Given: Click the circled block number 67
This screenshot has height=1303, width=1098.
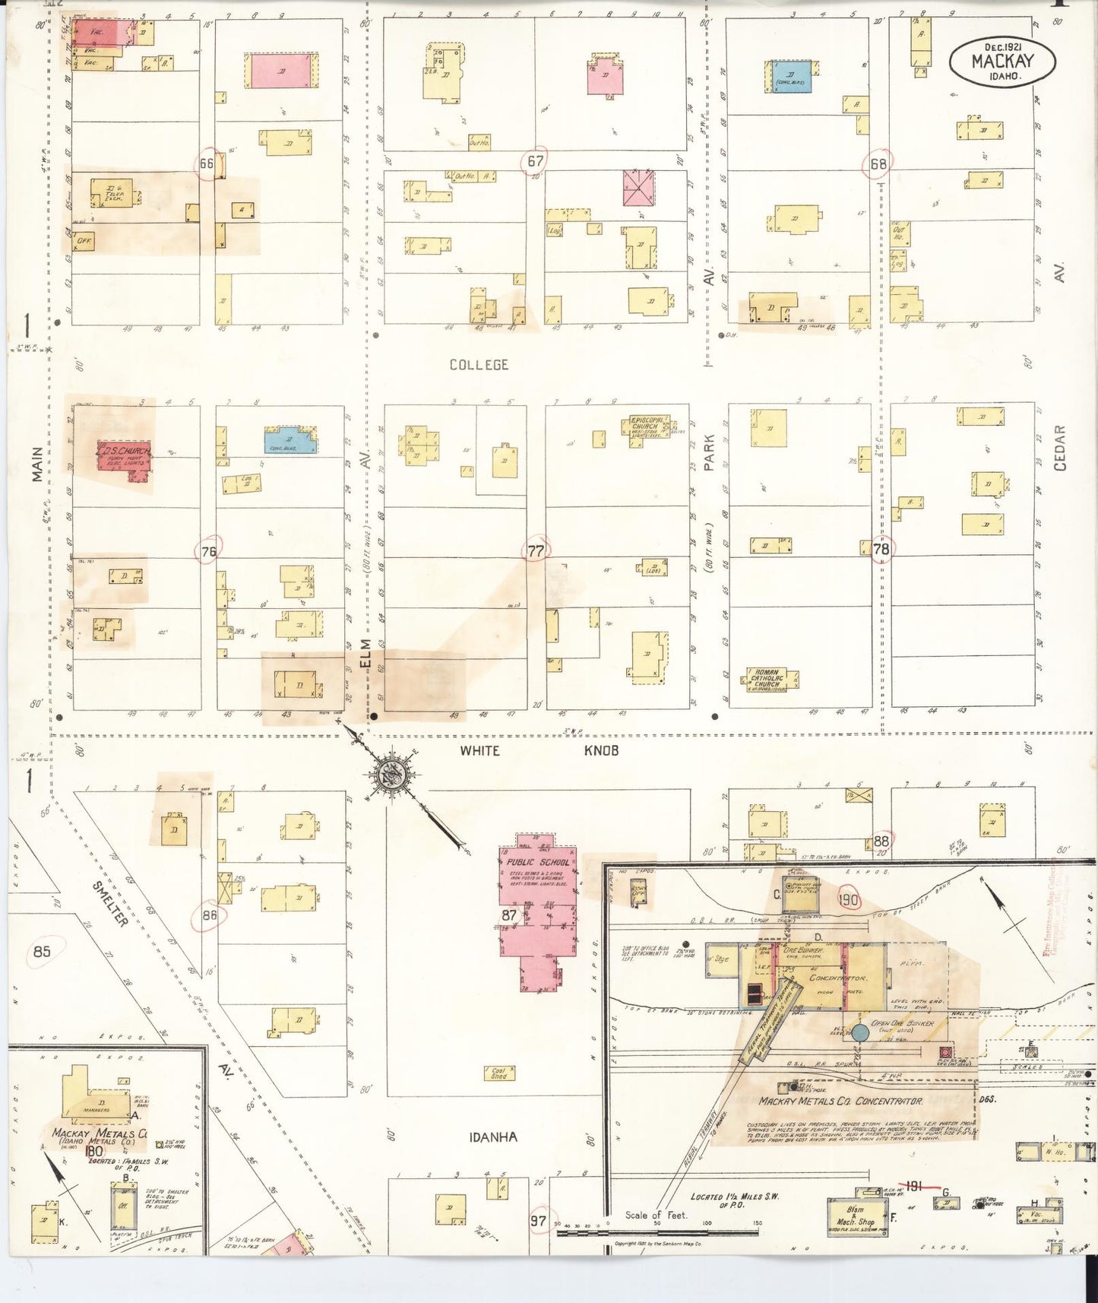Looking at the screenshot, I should point(535,160).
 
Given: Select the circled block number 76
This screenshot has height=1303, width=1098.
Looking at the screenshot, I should point(208,552).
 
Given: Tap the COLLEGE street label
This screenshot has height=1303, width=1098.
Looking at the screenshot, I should point(479,365).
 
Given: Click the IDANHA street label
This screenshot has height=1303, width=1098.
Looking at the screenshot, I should point(493,1138).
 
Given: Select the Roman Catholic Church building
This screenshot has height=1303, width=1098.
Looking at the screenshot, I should point(770,679).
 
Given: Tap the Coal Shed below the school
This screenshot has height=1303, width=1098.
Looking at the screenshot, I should point(498,1073).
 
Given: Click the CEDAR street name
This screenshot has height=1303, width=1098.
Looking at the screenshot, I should point(1059,448).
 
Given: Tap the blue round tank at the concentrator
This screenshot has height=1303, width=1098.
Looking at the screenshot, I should point(859,1033).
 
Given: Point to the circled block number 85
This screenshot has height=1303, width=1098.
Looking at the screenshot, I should point(42,951).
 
